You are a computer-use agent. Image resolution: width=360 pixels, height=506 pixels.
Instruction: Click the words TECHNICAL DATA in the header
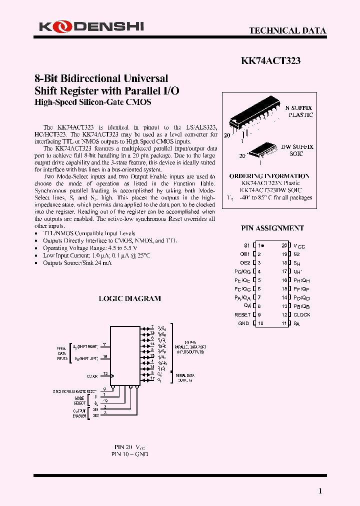pos(287,30)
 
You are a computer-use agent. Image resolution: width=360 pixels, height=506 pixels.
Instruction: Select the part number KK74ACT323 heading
pos(270,61)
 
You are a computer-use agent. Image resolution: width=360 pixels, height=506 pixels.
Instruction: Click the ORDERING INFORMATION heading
pos(269,176)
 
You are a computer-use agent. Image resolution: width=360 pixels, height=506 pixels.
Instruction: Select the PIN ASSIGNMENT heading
pos(272,228)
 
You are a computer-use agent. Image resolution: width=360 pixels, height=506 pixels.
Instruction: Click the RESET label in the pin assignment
pos(242,315)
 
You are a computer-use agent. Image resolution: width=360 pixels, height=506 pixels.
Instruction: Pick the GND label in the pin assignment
pos(243,323)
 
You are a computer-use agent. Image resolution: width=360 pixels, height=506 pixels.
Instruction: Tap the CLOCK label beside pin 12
pos(302,315)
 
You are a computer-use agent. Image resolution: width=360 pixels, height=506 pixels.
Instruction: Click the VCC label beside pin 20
pos(299,246)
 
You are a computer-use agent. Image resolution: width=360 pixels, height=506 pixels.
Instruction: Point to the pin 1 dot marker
pos(263,246)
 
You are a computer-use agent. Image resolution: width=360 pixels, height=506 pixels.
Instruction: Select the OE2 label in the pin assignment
pos(245,263)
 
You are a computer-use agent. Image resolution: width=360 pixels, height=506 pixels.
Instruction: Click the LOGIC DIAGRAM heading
pos(129,298)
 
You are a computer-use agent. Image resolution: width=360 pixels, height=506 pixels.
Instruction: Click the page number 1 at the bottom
pos(320,491)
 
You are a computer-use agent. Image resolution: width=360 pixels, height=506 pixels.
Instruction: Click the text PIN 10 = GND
pos(129,454)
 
